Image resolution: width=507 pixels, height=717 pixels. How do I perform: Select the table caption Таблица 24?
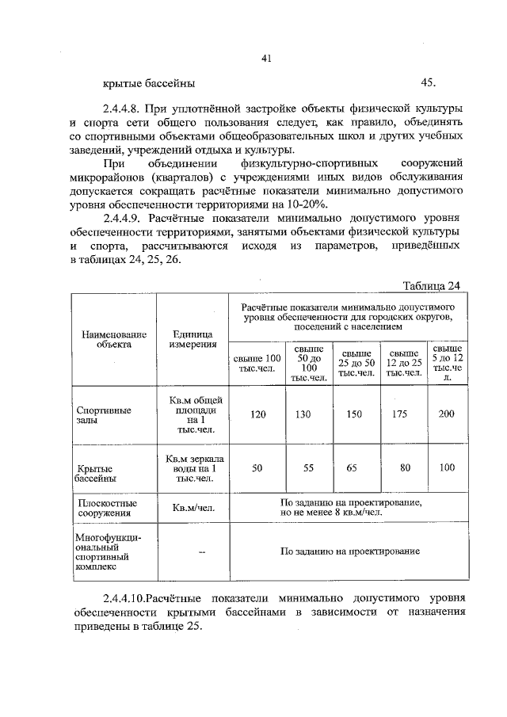[x=431, y=286]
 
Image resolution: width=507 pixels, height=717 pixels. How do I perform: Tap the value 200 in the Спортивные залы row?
[x=447, y=414]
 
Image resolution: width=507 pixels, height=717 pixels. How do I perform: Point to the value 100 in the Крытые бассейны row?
[x=447, y=468]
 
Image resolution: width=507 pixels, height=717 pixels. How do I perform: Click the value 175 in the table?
[x=404, y=414]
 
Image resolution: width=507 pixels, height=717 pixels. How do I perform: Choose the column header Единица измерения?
[x=193, y=339]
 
